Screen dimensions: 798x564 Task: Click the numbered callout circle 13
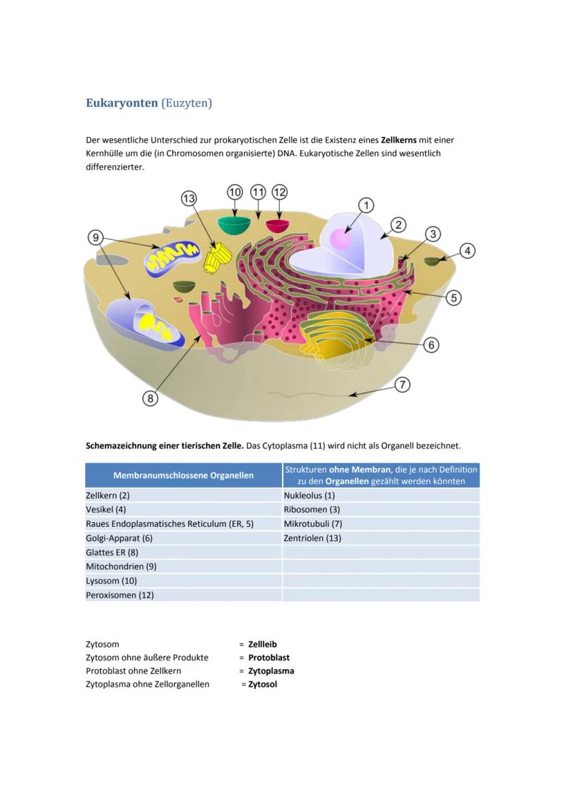tap(189, 198)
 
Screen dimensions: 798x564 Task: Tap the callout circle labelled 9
tap(96, 238)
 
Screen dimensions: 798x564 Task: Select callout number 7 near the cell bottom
tap(403, 385)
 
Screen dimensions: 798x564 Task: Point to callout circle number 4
tap(467, 251)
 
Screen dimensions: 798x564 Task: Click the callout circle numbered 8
tap(150, 398)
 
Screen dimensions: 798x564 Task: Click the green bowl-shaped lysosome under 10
tap(234, 224)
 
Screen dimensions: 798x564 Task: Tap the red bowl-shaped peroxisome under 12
tap(277, 226)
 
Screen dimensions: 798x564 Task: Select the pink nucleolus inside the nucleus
tap(341, 239)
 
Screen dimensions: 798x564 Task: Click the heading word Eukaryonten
tap(122, 103)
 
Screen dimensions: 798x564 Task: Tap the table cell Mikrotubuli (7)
tap(313, 524)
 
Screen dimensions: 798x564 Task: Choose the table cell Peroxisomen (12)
tap(120, 595)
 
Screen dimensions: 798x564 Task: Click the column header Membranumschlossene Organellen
tap(183, 475)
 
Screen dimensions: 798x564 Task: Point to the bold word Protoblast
tap(268, 658)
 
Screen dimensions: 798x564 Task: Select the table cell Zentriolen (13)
tap(313, 538)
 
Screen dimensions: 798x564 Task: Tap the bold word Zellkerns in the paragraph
tap(398, 140)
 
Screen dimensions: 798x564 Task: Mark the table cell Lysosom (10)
tap(112, 581)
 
